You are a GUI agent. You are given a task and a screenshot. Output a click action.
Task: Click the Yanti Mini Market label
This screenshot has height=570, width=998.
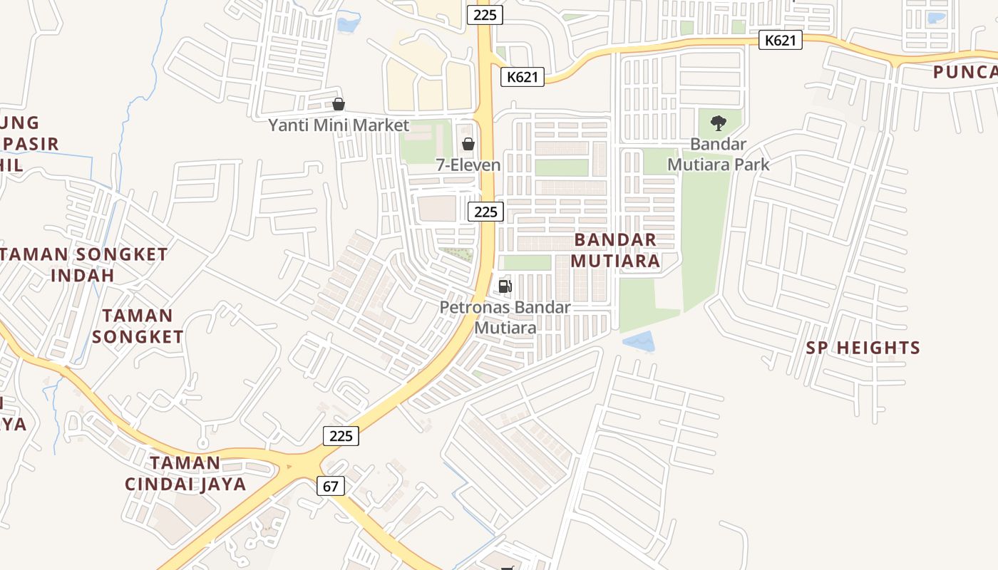[x=339, y=125]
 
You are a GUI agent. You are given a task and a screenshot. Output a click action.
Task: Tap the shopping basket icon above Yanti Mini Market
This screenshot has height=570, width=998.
[x=339, y=104]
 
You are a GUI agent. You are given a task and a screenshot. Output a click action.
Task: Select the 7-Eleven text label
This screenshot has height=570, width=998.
[x=468, y=165]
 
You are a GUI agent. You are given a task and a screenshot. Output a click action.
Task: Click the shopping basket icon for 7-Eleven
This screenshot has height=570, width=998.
[x=468, y=143]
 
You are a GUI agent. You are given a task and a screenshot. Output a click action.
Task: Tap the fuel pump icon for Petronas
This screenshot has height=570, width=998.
[x=505, y=286]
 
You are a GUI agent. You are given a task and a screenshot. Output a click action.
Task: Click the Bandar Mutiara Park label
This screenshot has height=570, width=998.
[x=719, y=154]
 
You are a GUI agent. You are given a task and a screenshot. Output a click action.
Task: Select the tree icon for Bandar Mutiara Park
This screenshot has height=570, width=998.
[x=719, y=123]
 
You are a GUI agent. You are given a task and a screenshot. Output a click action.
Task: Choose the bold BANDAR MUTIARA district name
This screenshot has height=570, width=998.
[x=614, y=250]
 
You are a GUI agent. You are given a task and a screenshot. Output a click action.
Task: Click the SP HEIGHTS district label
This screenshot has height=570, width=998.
[x=863, y=348]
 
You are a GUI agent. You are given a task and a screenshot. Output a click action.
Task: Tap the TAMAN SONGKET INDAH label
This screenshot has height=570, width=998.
[x=83, y=264]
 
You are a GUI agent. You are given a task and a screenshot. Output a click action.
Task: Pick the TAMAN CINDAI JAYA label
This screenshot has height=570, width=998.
[x=185, y=474]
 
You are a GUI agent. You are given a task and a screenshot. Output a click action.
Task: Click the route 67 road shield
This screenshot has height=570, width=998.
[x=330, y=487]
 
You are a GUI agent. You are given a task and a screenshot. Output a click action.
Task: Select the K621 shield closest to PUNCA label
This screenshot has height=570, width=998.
[x=780, y=40]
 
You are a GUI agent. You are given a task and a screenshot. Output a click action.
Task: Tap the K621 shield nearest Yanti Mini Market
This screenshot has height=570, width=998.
[x=522, y=77]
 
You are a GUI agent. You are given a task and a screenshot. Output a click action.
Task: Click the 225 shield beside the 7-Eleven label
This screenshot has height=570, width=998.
[x=485, y=212]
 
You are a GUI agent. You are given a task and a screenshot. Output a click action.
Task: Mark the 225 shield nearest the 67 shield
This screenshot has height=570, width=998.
[x=341, y=436]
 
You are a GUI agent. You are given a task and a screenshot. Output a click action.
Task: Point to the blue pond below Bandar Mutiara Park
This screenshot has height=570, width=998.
[x=639, y=342]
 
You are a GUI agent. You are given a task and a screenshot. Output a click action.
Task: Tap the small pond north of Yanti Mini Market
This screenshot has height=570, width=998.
[x=349, y=24]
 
